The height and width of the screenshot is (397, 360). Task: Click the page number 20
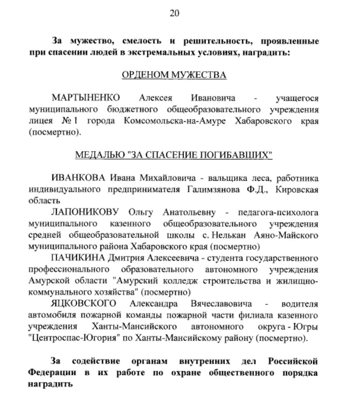coord(174,13)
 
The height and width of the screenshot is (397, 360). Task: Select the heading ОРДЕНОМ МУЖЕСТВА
coord(174,75)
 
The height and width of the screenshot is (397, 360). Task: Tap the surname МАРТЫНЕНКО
coord(86,98)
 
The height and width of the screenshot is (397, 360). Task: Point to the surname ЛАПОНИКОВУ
coord(85,212)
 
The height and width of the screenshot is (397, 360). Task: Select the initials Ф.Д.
coord(257,190)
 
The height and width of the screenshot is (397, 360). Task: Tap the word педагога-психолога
coord(278,212)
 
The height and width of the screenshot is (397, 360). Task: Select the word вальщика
coord(225,178)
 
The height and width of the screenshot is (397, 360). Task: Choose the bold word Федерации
coord(52,372)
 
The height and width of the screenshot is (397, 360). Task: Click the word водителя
coord(299,304)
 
